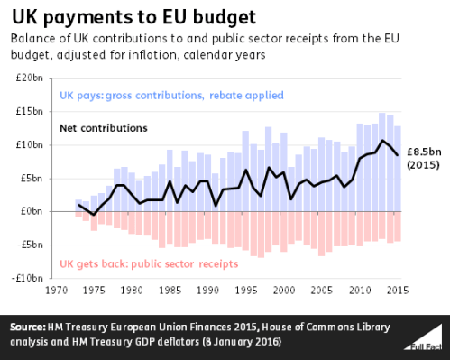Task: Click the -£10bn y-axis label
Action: [x=31, y=278]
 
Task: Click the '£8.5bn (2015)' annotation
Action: [x=424, y=159]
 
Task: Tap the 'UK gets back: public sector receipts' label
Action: [x=149, y=264]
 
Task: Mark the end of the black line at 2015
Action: [x=398, y=155]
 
